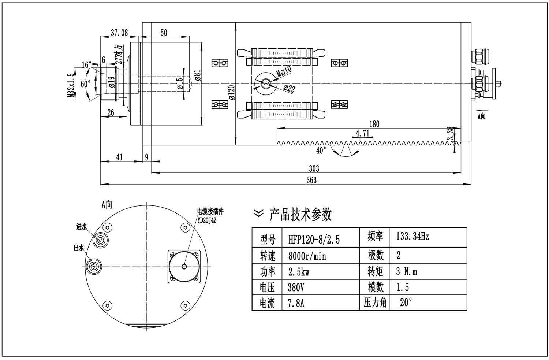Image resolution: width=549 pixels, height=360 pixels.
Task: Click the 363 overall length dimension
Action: (x=311, y=180)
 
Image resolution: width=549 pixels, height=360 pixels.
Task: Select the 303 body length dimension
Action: (x=314, y=168)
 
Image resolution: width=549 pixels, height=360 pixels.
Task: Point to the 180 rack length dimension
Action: (x=374, y=124)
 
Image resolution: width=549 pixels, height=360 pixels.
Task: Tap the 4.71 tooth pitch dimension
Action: (x=362, y=133)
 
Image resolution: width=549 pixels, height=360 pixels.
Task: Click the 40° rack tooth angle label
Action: (x=321, y=151)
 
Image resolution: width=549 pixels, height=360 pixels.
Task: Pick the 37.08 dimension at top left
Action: (x=120, y=33)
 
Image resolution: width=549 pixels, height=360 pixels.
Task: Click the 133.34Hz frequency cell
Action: (x=412, y=237)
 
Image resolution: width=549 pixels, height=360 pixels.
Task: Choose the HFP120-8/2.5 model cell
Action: (x=314, y=240)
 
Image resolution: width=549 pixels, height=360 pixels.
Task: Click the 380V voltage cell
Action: (x=296, y=287)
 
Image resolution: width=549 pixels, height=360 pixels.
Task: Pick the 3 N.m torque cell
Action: (x=406, y=271)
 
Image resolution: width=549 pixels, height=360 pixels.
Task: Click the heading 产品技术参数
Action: (x=300, y=214)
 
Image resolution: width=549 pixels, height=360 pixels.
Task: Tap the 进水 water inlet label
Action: (x=81, y=227)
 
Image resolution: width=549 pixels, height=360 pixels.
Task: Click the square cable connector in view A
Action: (x=184, y=266)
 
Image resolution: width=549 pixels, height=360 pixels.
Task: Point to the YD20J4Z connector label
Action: (x=207, y=220)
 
